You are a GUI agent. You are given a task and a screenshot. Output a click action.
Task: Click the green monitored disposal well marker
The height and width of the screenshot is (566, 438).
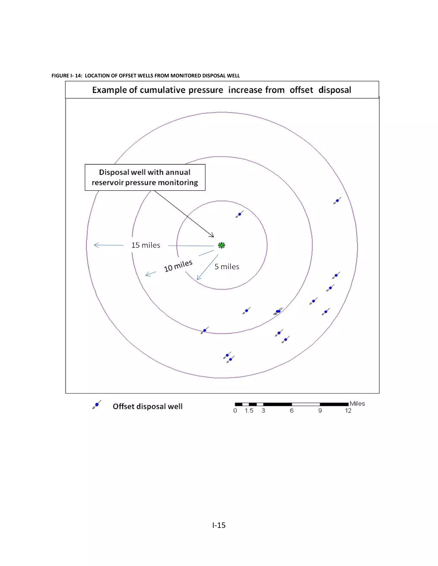(221, 245)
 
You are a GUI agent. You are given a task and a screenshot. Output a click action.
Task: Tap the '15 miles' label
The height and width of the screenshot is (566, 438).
(146, 245)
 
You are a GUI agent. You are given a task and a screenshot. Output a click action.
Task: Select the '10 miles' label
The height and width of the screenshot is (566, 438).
(178, 266)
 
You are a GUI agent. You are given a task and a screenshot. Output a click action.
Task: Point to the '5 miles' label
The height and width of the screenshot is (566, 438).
(227, 267)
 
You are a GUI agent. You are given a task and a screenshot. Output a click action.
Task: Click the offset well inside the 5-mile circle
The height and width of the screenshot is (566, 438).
(240, 214)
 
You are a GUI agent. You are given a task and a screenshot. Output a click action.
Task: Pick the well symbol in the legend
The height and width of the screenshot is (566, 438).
(97, 405)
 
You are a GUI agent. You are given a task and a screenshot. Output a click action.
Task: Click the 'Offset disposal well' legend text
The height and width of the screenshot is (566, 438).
(147, 406)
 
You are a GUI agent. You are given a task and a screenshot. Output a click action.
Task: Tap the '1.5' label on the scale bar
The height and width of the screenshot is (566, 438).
(249, 411)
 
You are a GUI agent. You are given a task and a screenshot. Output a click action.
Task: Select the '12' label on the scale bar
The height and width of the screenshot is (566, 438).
(348, 411)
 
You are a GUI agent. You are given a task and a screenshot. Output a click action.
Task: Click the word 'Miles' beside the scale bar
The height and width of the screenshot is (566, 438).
(357, 403)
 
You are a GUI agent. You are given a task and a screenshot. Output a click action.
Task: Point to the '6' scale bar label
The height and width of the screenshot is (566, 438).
(292, 411)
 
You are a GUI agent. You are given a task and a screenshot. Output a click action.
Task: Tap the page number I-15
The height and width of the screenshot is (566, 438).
(219, 525)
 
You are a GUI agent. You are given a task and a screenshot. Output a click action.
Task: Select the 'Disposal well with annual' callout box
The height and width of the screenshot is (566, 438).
(145, 177)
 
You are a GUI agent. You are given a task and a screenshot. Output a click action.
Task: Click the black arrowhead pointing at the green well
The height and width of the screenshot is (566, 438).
(212, 236)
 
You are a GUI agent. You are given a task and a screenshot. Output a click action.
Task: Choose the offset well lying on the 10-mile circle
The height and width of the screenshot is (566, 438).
(204, 330)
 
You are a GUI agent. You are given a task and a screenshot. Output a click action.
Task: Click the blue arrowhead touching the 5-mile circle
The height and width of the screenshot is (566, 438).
(198, 278)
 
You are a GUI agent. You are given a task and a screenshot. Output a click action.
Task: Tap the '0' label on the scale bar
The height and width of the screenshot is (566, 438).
(235, 411)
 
